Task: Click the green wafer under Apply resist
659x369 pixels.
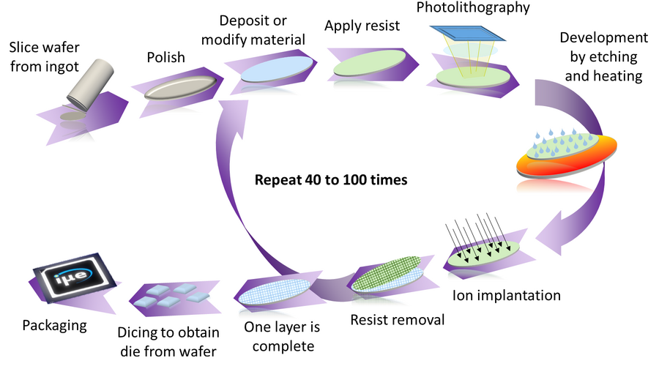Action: [365, 64]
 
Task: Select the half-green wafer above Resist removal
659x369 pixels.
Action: [385, 276]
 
